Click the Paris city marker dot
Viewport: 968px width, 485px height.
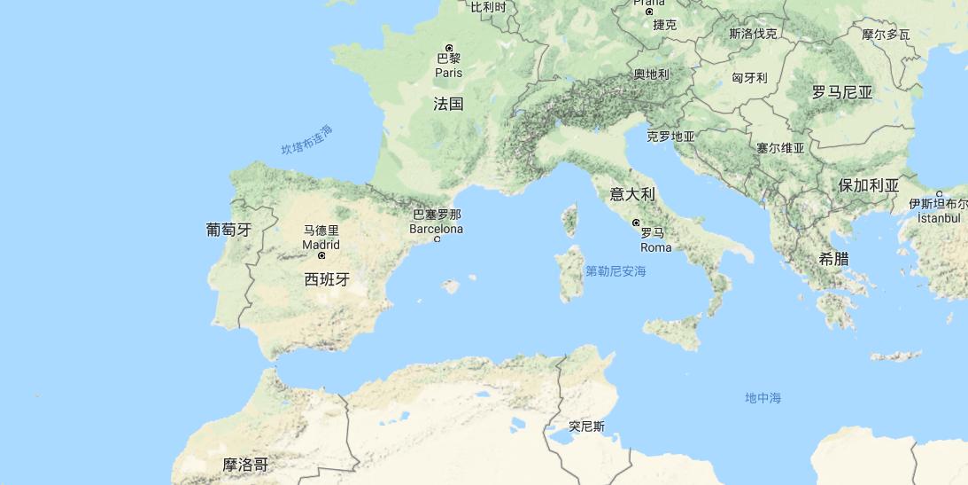click(x=449, y=48)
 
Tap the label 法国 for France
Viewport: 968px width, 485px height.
click(x=448, y=104)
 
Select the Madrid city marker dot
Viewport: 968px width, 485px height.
click(x=321, y=256)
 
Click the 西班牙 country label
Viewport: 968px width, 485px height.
click(x=327, y=279)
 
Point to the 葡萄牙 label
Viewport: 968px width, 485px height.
click(x=228, y=230)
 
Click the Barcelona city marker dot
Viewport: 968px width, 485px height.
click(x=437, y=239)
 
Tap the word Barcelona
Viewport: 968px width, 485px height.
click(x=436, y=229)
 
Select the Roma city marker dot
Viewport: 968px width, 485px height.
click(x=636, y=223)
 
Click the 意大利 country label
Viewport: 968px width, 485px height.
click(x=632, y=194)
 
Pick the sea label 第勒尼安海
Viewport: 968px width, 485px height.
click(x=616, y=271)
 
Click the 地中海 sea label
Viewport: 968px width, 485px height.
click(x=763, y=398)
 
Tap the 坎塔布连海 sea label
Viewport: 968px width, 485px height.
click(x=307, y=140)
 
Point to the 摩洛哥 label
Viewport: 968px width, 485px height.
click(x=245, y=465)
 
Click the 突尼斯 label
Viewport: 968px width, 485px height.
click(x=586, y=426)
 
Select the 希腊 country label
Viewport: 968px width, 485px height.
click(x=833, y=258)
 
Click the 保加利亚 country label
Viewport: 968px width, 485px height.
click(x=869, y=185)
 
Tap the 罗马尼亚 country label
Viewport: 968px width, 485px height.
click(x=842, y=92)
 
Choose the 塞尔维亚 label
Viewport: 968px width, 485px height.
click(x=780, y=148)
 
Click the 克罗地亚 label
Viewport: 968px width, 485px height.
click(x=670, y=137)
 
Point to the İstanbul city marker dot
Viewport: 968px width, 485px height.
click(x=939, y=194)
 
